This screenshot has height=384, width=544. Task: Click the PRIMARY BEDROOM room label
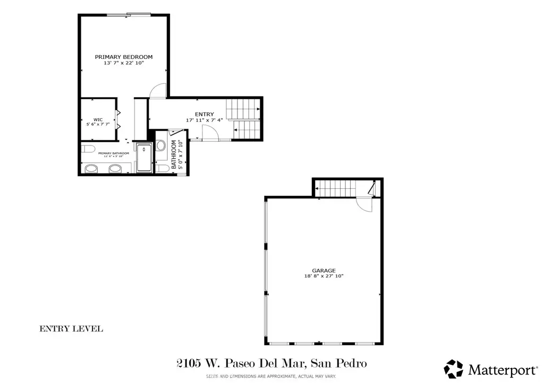pyautogui.click(x=124, y=57)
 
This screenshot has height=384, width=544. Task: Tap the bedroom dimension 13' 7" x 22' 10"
pyautogui.click(x=124, y=63)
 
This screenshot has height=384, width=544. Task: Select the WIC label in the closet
pyautogui.click(x=98, y=119)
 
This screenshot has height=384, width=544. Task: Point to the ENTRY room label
pyautogui.click(x=205, y=114)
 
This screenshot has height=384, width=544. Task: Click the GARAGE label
pyautogui.click(x=324, y=270)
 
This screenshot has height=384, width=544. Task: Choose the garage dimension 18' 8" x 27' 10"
pyautogui.click(x=324, y=276)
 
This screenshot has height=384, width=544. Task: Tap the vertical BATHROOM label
pyautogui.click(x=173, y=154)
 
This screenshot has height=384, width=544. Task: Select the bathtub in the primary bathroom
pyautogui.click(x=143, y=158)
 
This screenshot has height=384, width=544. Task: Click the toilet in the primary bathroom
pyautogui.click(x=88, y=147)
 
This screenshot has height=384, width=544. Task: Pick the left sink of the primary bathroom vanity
pyautogui.click(x=91, y=169)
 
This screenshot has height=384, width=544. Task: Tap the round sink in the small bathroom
pyautogui.click(x=161, y=145)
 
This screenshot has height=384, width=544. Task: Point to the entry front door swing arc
pyautogui.click(x=211, y=133)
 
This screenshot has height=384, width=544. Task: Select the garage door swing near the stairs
pyautogui.click(x=364, y=205)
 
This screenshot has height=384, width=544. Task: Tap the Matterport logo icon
pyautogui.click(x=453, y=369)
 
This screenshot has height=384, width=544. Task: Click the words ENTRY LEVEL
pyautogui.click(x=71, y=329)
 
